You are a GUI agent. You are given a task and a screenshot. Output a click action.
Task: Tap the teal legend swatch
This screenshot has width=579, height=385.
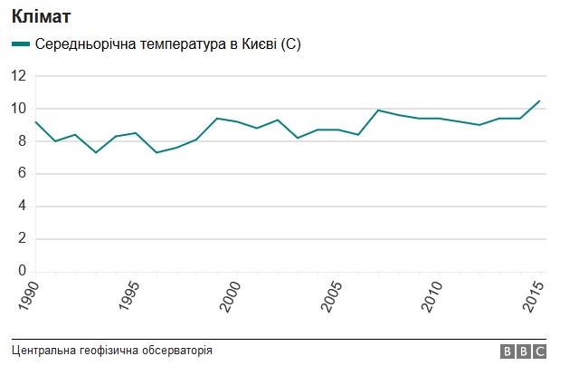20,44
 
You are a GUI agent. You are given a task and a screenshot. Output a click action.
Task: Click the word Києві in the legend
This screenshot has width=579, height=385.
259,44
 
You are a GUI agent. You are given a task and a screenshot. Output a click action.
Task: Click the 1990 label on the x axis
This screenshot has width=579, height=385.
29,297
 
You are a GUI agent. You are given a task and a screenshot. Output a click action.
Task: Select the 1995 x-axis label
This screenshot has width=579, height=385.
130,297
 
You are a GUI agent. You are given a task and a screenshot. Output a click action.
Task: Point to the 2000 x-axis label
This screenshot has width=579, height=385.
231,297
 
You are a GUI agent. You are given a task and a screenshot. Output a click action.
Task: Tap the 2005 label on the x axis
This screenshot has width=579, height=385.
332,297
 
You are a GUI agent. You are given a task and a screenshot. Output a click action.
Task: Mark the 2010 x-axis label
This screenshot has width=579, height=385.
432,297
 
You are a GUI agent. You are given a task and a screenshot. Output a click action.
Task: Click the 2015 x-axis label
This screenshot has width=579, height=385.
534,297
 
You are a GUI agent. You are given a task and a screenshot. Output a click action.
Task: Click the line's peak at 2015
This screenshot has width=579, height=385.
540,101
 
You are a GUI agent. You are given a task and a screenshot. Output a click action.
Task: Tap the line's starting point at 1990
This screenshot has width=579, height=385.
35,121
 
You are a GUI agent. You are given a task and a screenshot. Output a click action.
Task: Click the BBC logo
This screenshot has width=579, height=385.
523,351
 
